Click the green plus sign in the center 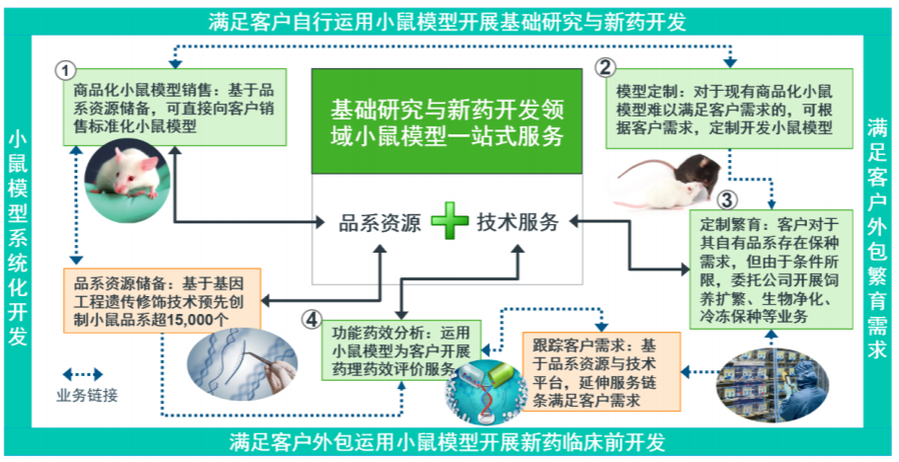(450, 221)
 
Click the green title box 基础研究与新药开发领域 (449, 121)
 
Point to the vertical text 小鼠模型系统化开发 (17, 237)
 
